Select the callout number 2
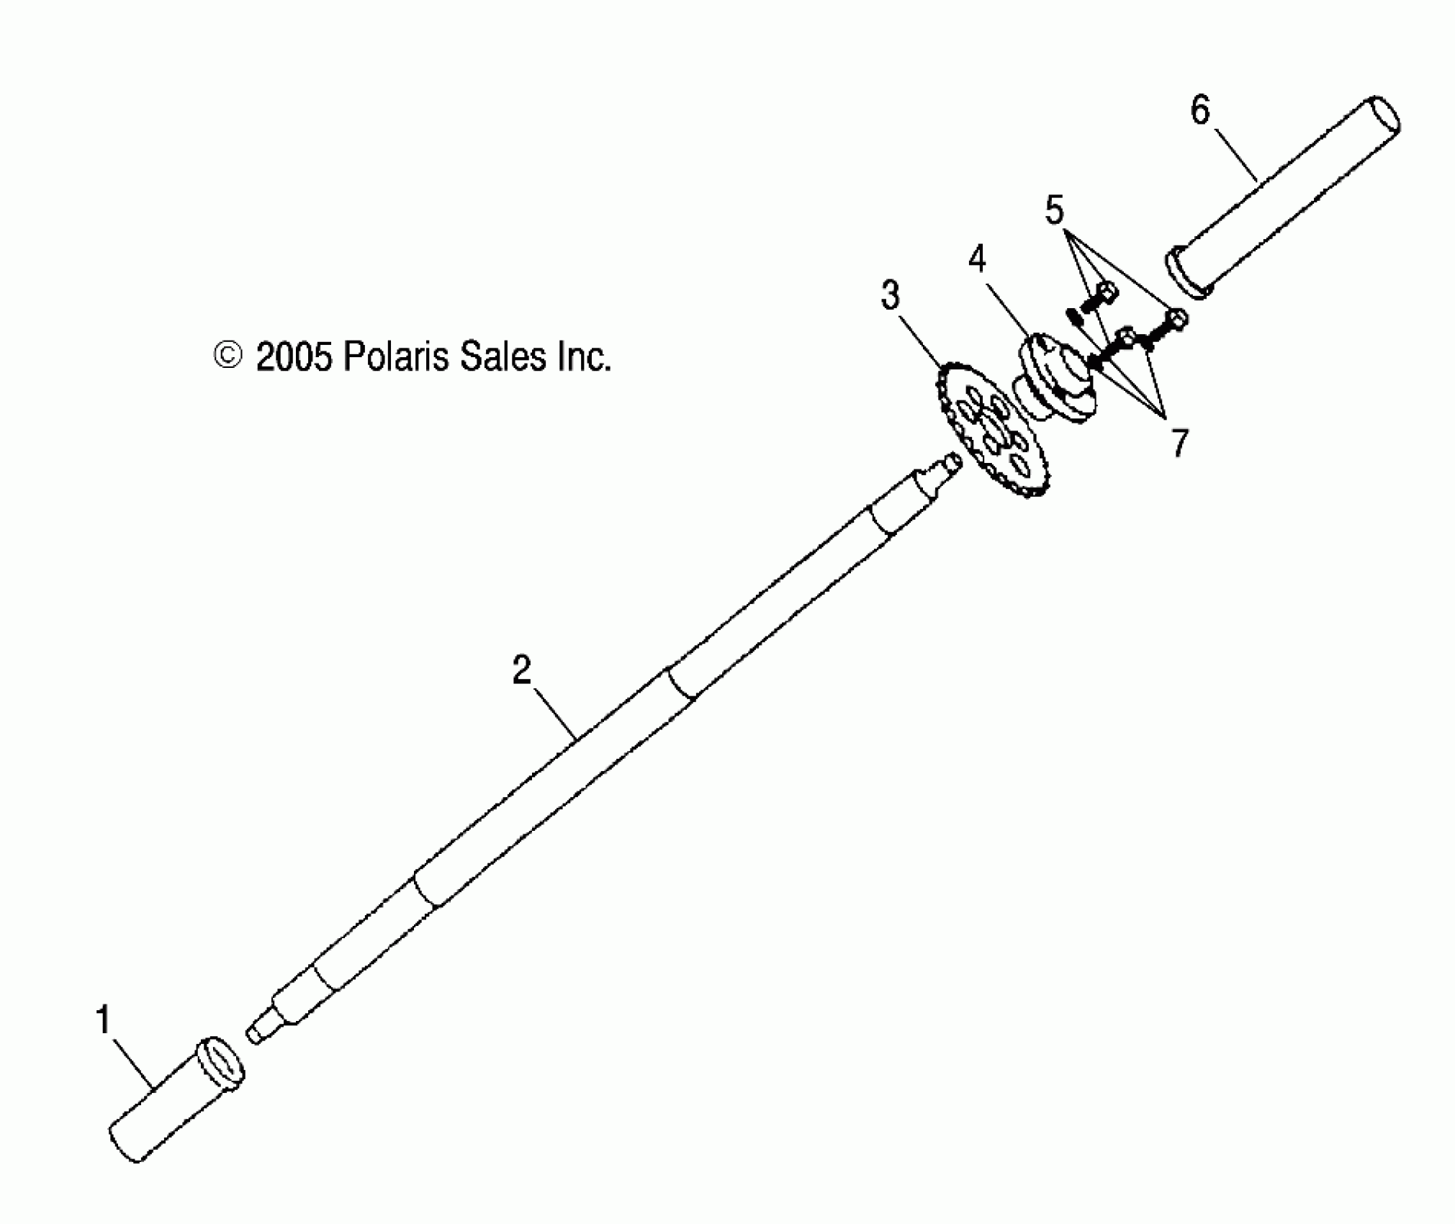[522, 670]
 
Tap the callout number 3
[891, 295]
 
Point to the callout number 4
[976, 258]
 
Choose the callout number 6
[1200, 112]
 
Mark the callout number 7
[1179, 443]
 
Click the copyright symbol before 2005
[228, 356]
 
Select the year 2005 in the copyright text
[294, 356]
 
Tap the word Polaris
[395, 356]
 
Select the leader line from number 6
[1236, 154]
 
